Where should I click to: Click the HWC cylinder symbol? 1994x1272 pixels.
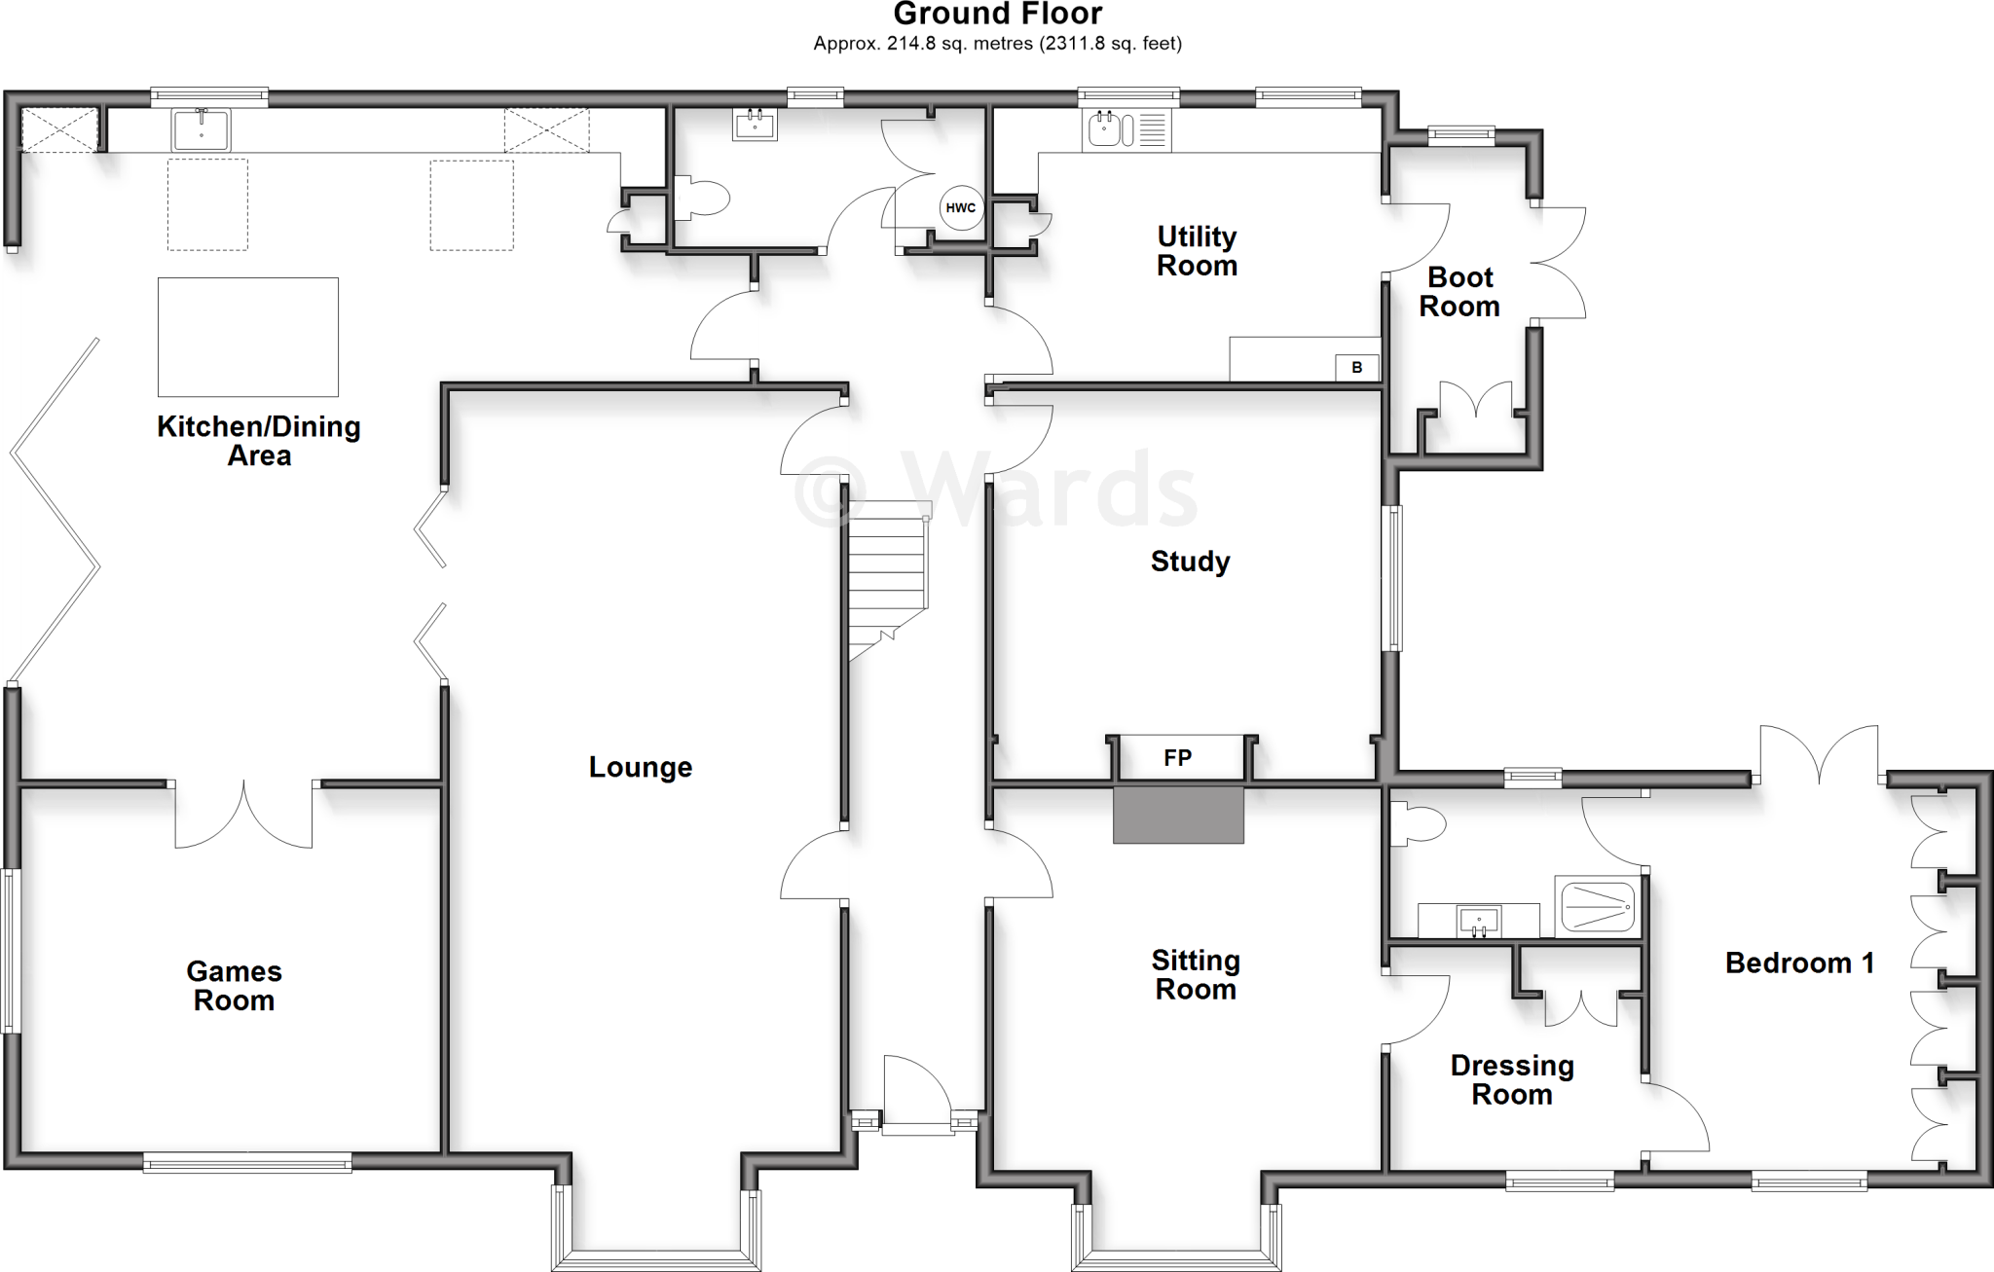click(x=960, y=208)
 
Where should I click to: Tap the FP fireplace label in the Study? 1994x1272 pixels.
click(x=1177, y=757)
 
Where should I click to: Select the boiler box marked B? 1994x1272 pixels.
click(x=1357, y=368)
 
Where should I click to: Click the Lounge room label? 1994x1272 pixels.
click(x=640, y=767)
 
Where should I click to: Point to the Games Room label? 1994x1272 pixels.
click(x=234, y=985)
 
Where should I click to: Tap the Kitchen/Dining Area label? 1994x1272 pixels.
click(x=259, y=440)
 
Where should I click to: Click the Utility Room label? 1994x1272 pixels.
click(x=1197, y=250)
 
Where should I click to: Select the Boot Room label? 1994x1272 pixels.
click(x=1459, y=291)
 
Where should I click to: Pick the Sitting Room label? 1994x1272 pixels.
click(x=1196, y=974)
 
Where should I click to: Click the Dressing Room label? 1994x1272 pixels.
click(x=1511, y=1079)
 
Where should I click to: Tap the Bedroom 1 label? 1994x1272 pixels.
click(x=1799, y=963)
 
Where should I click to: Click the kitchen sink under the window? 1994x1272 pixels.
click(x=201, y=130)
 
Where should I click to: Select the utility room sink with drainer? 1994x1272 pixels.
click(x=1126, y=130)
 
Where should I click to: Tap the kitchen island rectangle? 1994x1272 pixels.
click(x=248, y=337)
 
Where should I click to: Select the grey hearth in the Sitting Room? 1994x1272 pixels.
click(x=1178, y=816)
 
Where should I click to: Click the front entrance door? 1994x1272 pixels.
click(x=916, y=1095)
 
